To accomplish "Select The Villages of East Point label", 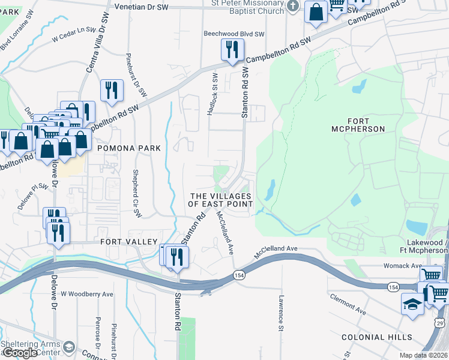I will [220, 200].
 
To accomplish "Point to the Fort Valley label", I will [124, 242].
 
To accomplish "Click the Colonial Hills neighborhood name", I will [376, 337].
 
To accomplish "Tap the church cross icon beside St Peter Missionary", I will [292, 7].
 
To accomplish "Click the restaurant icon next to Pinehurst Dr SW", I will [112, 90].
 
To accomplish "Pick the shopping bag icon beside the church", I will [315, 11].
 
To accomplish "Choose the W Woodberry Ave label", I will [87, 294].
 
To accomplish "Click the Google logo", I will [20, 352].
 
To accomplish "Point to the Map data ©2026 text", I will [423, 355].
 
